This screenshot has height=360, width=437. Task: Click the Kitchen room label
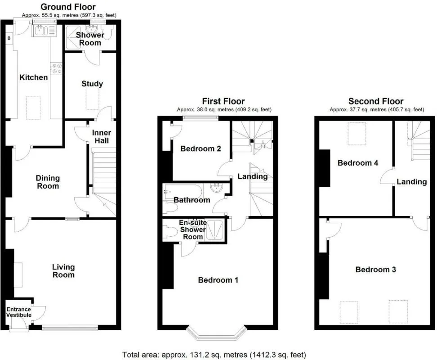[x=33, y=77]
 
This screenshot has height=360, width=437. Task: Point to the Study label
[x=92, y=84]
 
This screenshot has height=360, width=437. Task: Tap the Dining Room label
[x=48, y=182]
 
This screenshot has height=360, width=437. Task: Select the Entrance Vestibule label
[x=18, y=312]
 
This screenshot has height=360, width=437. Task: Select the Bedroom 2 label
[x=201, y=148]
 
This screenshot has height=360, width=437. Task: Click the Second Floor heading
[x=376, y=101]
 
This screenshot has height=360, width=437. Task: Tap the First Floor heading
[x=223, y=101]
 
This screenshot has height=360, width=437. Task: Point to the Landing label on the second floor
[x=411, y=182]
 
